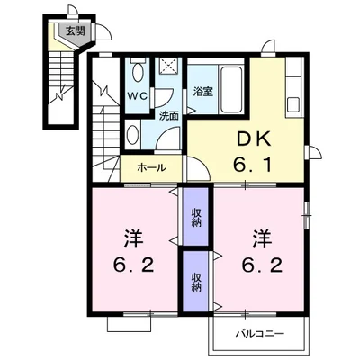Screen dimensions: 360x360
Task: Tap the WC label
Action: tap(138, 96)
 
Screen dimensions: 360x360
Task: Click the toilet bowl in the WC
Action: tap(138, 70)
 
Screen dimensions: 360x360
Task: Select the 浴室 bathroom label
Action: tap(203, 92)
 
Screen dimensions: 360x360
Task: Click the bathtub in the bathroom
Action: tap(231, 89)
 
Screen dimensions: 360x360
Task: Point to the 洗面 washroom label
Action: tap(169, 116)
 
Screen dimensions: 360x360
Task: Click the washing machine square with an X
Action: tap(168, 65)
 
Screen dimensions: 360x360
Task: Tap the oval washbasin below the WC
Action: tap(131, 135)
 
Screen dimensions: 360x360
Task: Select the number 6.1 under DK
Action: tap(253, 165)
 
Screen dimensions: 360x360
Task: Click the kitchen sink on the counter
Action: tap(293, 104)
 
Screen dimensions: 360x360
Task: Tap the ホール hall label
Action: tap(151, 167)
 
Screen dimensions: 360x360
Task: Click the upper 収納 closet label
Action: tap(196, 218)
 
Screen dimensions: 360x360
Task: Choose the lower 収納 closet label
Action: tap(196, 283)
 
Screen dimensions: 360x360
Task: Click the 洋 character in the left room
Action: tap(134, 238)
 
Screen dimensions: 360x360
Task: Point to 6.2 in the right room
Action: tap(263, 265)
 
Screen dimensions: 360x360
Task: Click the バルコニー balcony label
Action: tap(259, 333)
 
